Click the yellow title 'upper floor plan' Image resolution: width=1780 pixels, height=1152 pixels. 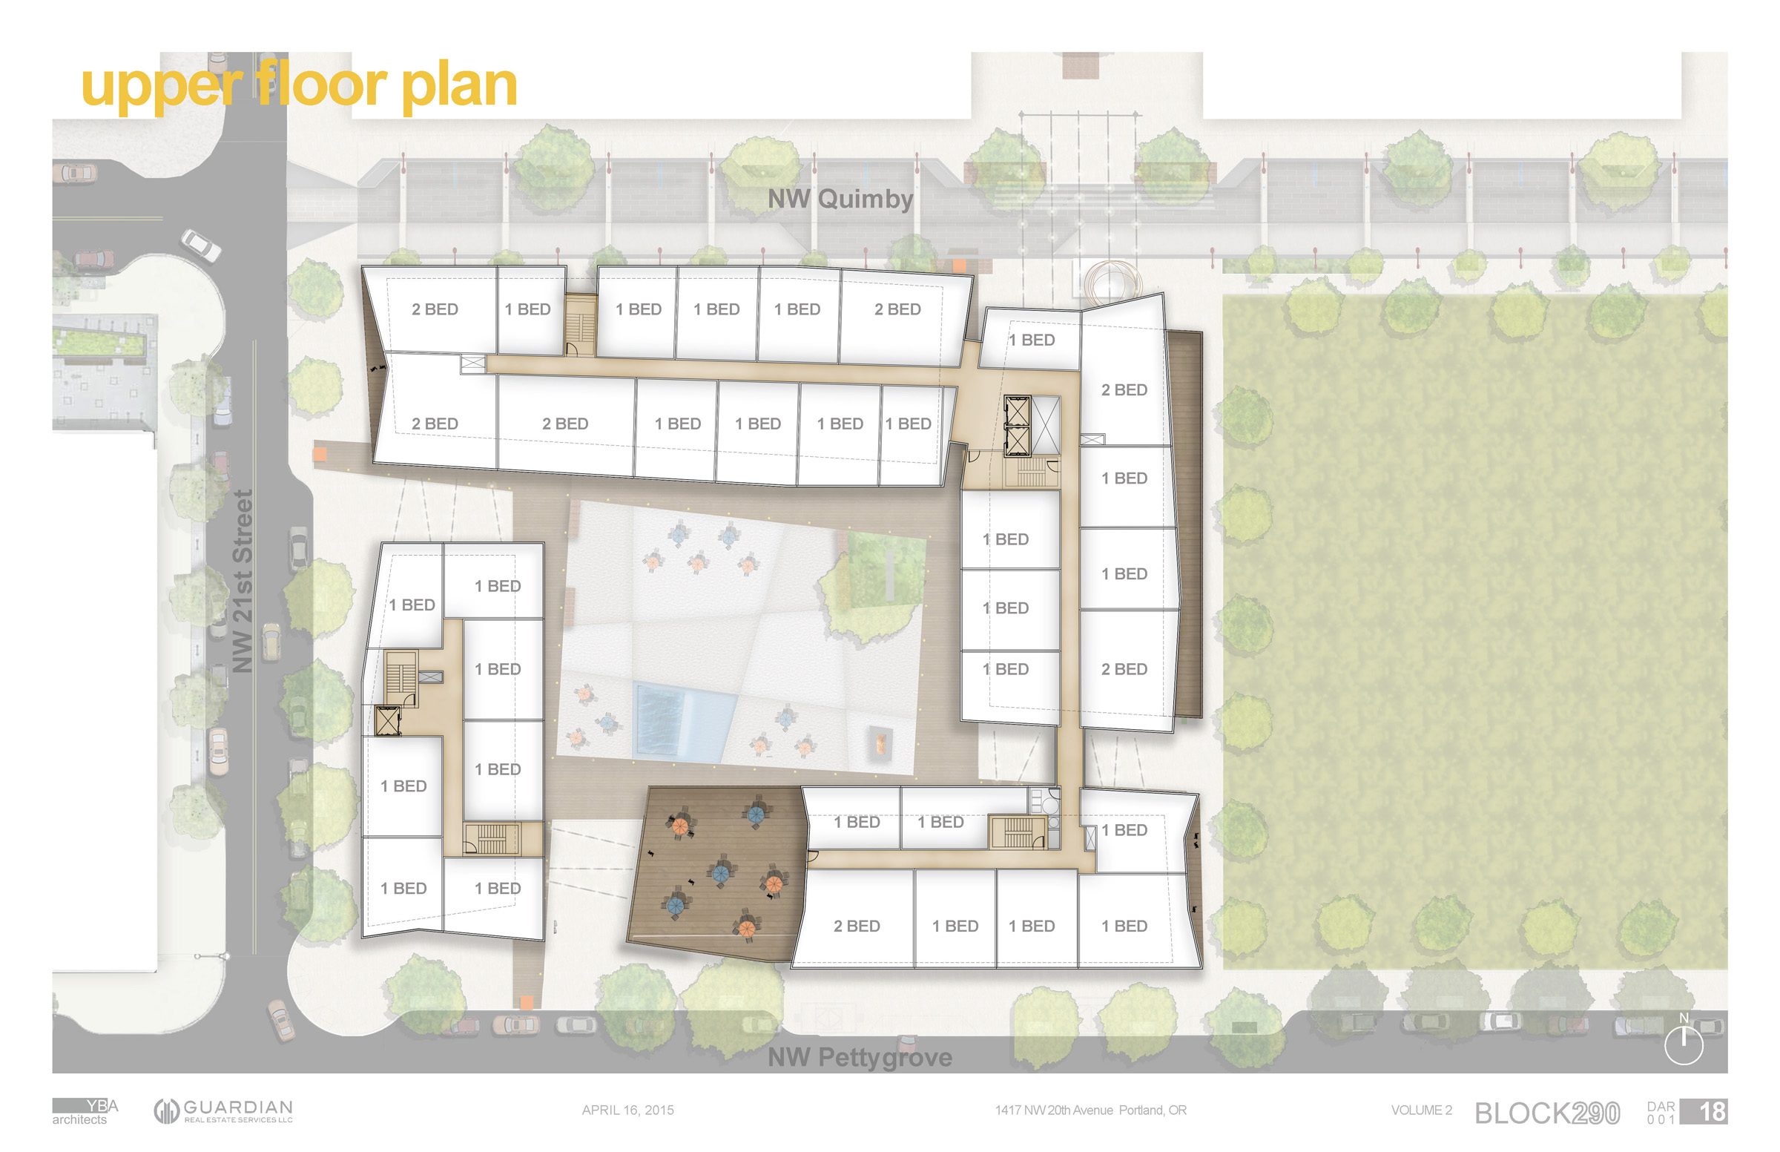[x=299, y=86]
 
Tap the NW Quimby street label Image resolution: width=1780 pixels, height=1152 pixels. [x=840, y=199]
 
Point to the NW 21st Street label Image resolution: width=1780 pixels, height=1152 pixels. [x=243, y=582]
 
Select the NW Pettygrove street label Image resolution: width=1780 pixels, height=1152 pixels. [x=860, y=1057]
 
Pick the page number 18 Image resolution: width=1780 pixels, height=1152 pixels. [x=1712, y=1112]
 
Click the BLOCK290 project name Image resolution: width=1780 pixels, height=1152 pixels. [x=1546, y=1113]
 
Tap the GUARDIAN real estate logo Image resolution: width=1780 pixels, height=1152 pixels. [x=224, y=1111]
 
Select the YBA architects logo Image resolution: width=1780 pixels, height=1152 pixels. [x=85, y=1112]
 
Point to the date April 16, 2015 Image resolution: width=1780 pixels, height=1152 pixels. [x=627, y=1110]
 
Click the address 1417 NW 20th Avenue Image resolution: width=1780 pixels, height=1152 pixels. [x=1090, y=1110]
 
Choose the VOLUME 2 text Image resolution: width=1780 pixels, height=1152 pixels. [x=1421, y=1110]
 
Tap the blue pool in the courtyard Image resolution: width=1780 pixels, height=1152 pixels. [x=682, y=722]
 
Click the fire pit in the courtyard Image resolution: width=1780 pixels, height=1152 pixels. [x=880, y=743]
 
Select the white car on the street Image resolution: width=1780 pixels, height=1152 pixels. [x=200, y=245]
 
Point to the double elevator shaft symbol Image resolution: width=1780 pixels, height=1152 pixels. [x=1017, y=426]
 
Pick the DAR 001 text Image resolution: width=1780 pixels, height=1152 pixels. [x=1661, y=1113]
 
